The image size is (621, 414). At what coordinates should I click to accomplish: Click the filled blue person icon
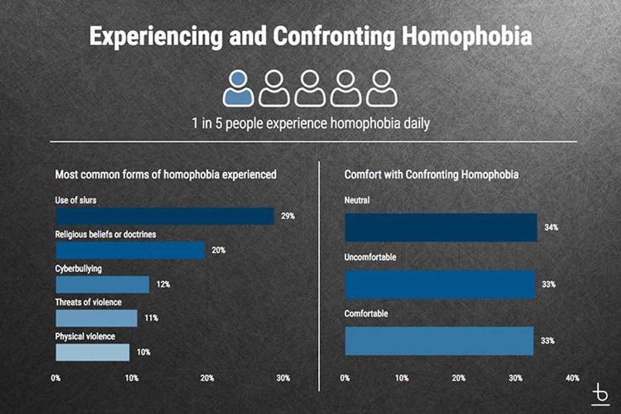pyautogui.click(x=238, y=87)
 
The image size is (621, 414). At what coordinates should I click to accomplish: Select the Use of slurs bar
pyautogui.click(x=165, y=216)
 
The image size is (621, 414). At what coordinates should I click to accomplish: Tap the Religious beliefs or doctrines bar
pyautogui.click(x=130, y=250)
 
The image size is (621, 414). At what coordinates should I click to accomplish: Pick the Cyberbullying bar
pyautogui.click(x=102, y=285)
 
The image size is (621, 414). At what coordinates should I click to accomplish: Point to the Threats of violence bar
pyautogui.click(x=96, y=318)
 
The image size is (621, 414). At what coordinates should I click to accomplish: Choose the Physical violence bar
pyautogui.click(x=93, y=352)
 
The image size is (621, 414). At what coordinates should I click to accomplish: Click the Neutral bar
pyautogui.click(x=440, y=227)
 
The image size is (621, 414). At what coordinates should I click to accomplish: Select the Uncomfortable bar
pyautogui.click(x=440, y=285)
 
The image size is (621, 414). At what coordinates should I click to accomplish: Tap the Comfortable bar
pyautogui.click(x=439, y=340)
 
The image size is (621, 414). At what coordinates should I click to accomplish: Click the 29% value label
pyautogui.click(x=288, y=216)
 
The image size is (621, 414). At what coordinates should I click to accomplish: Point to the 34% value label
pyautogui.click(x=551, y=227)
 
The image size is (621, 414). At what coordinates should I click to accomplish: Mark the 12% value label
pyautogui.click(x=163, y=285)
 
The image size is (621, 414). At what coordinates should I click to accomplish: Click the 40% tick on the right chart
pyautogui.click(x=572, y=378)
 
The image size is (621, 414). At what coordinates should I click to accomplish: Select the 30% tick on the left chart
pyautogui.click(x=283, y=378)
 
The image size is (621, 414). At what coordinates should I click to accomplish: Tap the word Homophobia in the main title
pyautogui.click(x=466, y=36)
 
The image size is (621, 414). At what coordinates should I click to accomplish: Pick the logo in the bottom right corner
pyautogui.click(x=599, y=394)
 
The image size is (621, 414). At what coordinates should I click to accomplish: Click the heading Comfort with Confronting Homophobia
pyautogui.click(x=431, y=174)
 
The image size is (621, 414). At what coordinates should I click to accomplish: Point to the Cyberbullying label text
pyautogui.click(x=79, y=269)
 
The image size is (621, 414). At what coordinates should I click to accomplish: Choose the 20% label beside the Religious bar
pyautogui.click(x=218, y=250)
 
